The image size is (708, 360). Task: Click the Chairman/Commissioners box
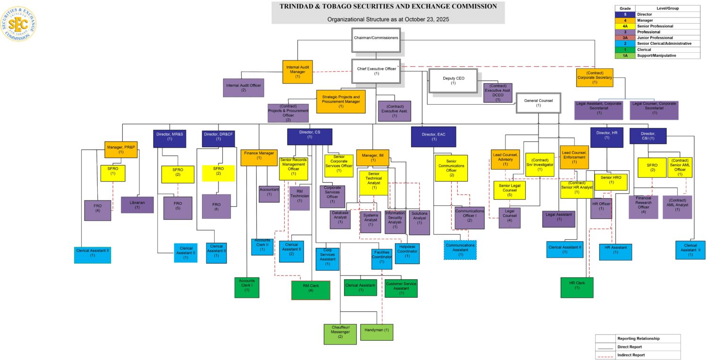(x=376, y=38)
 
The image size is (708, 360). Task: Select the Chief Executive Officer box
(x=376, y=71)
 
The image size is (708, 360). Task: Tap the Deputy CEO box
(x=453, y=81)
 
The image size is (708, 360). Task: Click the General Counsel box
(x=538, y=103)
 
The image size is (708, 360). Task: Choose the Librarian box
(x=137, y=205)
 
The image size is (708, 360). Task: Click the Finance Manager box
(x=259, y=158)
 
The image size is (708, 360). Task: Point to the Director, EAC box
(x=434, y=137)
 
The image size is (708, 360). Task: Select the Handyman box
(x=376, y=332)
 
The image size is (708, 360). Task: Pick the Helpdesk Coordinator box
(x=407, y=253)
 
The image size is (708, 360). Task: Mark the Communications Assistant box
(x=460, y=250)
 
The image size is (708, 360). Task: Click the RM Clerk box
(x=311, y=290)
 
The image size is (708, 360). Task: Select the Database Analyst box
(x=340, y=219)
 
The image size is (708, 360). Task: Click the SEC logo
(x=18, y=24)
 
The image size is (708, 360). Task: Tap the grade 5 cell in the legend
(x=624, y=15)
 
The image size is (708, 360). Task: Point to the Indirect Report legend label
(x=631, y=355)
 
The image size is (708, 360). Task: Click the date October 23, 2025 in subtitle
(x=422, y=19)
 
